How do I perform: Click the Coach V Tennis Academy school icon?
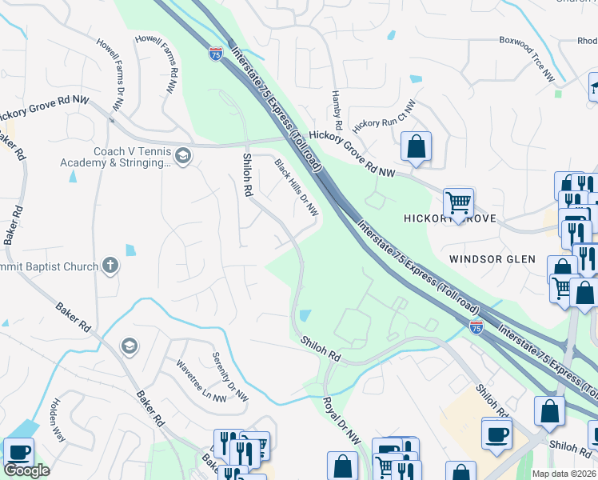(x=183, y=155)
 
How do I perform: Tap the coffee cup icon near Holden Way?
(x=18, y=452)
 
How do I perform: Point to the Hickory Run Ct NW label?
(x=385, y=117)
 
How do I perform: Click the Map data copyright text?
(x=564, y=474)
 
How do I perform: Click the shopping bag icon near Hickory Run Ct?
(x=416, y=146)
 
